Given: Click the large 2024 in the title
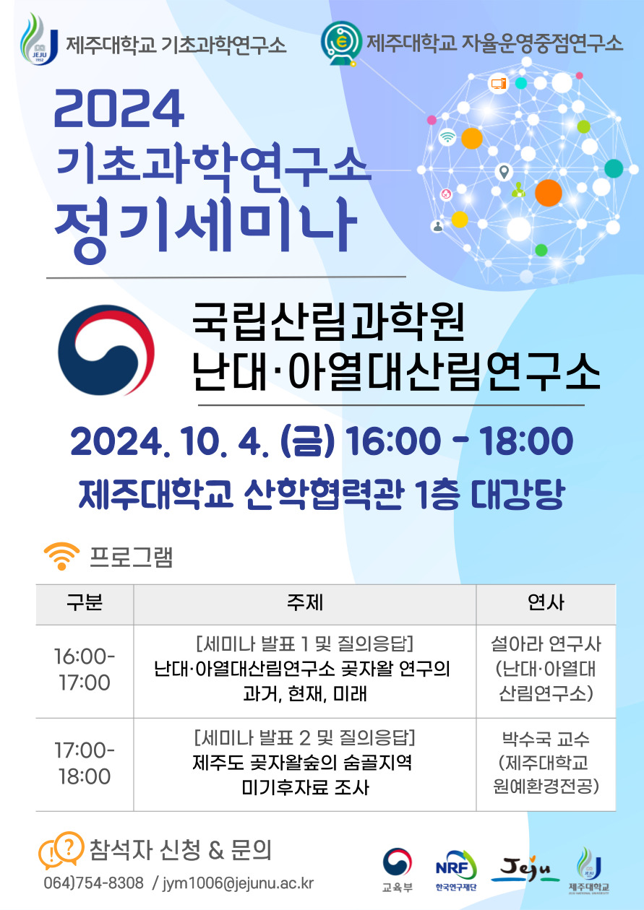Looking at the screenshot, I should (119, 109).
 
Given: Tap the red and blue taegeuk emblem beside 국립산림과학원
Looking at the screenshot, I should (106, 350).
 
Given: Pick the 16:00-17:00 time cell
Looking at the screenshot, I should (85, 670).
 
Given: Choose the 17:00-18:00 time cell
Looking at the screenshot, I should (85, 764).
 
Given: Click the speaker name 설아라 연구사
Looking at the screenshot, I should (546, 643).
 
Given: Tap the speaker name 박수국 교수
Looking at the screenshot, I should (546, 739).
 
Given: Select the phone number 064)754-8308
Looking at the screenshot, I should (93, 883).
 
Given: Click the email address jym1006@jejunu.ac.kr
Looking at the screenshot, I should (238, 883).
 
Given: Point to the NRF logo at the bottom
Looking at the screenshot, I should (456, 864).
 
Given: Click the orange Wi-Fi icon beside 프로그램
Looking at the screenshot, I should (61, 558).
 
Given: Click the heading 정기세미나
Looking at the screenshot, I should (205, 220).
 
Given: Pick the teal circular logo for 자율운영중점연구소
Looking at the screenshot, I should (340, 42).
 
